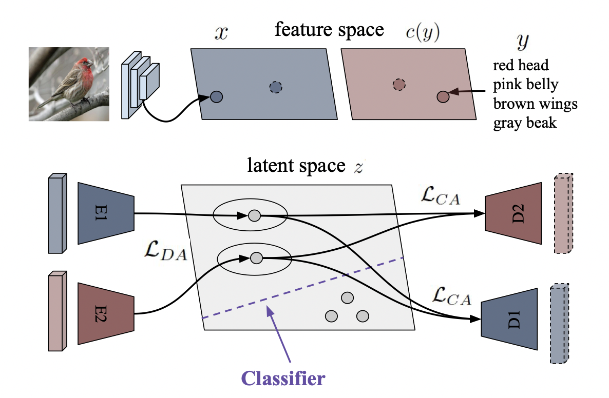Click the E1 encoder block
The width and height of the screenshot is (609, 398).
106,213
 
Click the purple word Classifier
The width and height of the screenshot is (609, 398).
283,379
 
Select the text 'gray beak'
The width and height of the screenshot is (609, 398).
524,123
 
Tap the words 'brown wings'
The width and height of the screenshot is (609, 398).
535,104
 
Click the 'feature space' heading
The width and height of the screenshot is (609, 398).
329,30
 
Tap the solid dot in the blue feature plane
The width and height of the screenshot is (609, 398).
216,96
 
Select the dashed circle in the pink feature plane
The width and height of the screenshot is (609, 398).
399,85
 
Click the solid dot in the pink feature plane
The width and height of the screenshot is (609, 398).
443,96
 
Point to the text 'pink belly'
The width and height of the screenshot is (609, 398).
525,85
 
